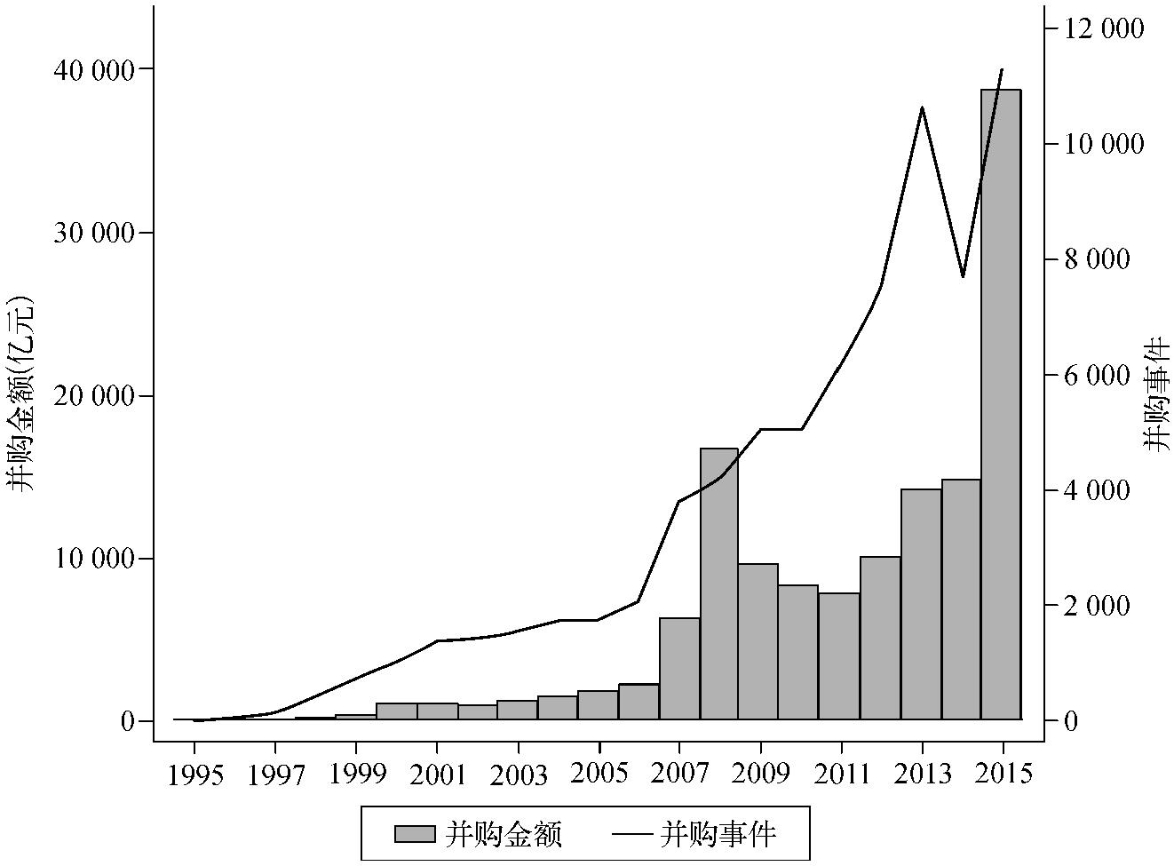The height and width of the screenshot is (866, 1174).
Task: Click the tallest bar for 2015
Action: [x=1001, y=404]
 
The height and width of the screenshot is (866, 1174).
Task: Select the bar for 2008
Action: [x=719, y=584]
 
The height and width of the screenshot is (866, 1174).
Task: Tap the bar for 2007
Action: [x=679, y=668]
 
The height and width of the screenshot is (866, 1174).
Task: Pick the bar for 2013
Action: [x=921, y=604]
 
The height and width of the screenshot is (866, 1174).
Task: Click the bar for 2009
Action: [x=758, y=641]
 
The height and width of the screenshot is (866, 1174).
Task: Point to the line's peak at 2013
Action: [x=923, y=108]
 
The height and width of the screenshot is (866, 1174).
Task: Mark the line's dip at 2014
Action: [x=963, y=276]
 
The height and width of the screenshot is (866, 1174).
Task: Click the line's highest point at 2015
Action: [x=1003, y=69]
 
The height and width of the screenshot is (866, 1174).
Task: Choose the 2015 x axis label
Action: [x=1003, y=774]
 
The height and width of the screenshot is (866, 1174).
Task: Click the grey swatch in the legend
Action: [x=415, y=834]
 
